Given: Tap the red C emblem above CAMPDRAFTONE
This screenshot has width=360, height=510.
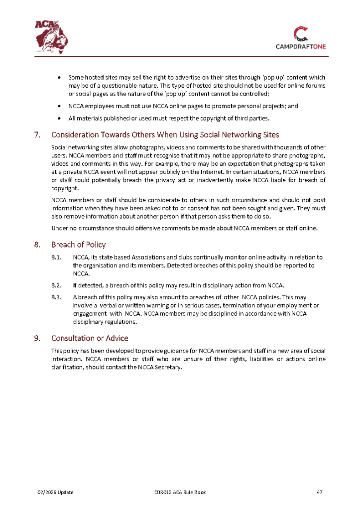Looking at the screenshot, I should point(301,33).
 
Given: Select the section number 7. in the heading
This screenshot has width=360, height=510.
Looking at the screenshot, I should point(37,135).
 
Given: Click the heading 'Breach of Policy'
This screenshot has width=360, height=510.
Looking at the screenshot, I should point(78,245).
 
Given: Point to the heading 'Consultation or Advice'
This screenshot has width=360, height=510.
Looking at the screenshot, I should point(90,338).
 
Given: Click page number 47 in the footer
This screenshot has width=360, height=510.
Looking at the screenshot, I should point(320,493).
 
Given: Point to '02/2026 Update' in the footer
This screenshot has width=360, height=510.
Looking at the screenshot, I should point(56,493).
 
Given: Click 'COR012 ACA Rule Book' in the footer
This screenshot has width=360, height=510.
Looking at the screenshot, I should point(180,493).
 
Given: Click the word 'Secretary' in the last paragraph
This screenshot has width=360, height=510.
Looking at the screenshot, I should point(169,368).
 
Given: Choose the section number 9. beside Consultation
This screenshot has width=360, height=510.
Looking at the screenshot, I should point(37,338).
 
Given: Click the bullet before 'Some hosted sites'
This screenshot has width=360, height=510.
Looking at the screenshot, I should point(60,78).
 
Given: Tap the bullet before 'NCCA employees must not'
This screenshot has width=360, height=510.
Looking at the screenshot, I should point(60,106).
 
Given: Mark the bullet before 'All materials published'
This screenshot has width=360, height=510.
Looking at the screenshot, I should point(60,118).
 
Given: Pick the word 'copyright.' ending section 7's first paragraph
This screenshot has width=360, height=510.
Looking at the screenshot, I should point(65,189).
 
